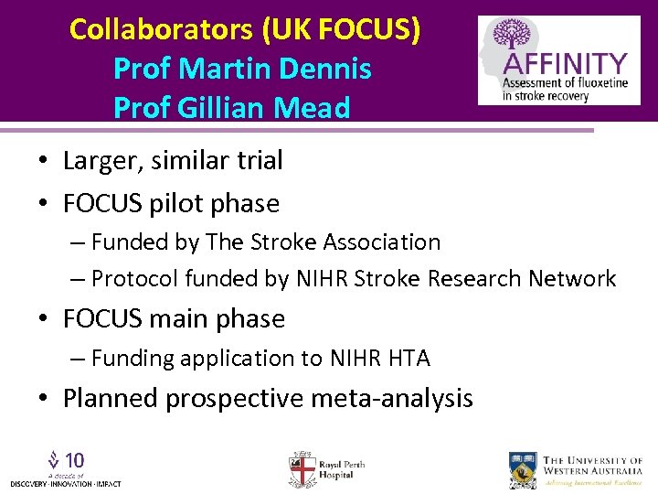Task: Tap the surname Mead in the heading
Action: [315, 108]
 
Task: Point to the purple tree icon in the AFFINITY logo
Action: [512, 37]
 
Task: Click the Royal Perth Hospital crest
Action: [302, 468]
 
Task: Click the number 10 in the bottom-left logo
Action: [75, 459]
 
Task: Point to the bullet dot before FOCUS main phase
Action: [44, 319]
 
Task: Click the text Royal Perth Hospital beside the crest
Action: [342, 469]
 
